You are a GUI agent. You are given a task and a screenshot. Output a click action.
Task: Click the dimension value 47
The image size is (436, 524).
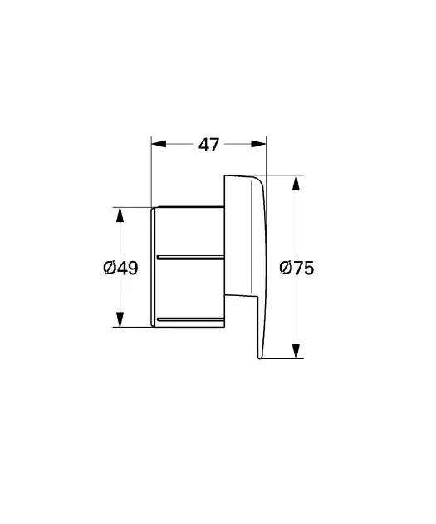pyautogui.click(x=208, y=145)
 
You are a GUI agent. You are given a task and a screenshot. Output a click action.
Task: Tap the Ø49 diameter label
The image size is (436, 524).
pyautogui.click(x=120, y=268)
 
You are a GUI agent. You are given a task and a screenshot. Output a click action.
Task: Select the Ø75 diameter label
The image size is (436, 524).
pyautogui.click(x=296, y=268)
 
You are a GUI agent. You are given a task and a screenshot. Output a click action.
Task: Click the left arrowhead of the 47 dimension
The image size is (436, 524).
pyautogui.click(x=159, y=144)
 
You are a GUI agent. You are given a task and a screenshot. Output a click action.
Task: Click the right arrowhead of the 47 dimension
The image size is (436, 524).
pyautogui.click(x=258, y=144)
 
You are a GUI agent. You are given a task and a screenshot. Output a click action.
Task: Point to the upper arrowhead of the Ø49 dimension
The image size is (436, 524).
pyautogui.click(x=120, y=215)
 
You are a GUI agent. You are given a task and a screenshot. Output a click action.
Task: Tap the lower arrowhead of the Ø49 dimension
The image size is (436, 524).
pyautogui.click(x=120, y=319)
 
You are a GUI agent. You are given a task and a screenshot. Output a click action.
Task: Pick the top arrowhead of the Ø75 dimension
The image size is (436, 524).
pyautogui.click(x=296, y=183)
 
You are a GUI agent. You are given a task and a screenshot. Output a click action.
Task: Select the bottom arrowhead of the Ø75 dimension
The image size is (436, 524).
pyautogui.click(x=296, y=351)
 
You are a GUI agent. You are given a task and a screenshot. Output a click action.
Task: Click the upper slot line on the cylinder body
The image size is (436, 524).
pyautogui.click(x=190, y=257)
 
